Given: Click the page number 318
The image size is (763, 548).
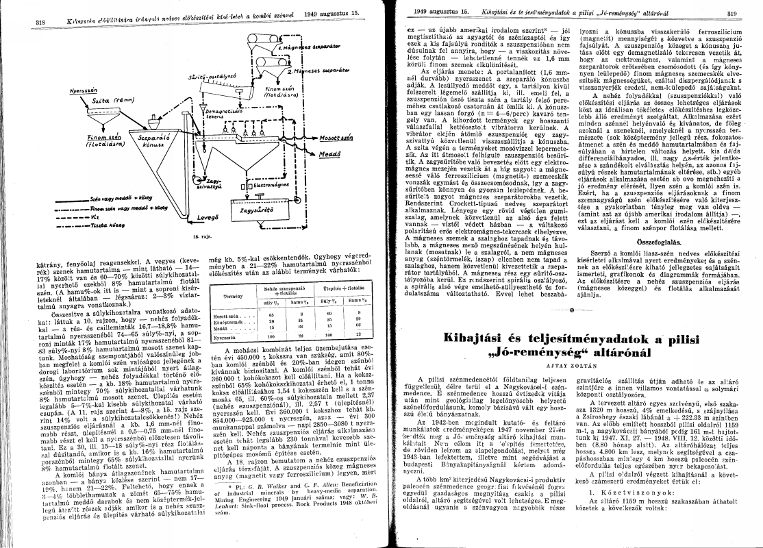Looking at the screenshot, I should coord(40,21).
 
